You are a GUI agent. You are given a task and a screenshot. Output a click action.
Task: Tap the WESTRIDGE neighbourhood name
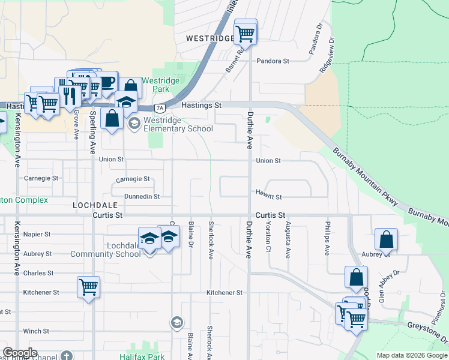(209, 38)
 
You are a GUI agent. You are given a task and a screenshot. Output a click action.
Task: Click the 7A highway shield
(159, 109)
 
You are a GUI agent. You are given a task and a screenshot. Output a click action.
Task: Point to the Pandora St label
(273, 61)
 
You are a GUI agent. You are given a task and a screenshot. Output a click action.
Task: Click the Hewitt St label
(270, 197)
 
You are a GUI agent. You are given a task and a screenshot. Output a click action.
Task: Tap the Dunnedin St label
(142, 196)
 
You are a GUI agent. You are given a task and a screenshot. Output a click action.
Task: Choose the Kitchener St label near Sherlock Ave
(224, 293)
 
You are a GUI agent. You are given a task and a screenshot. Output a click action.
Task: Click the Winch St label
(36, 331)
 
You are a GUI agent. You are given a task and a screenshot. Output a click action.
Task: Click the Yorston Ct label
(268, 239)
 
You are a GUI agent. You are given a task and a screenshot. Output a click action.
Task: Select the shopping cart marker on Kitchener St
(88, 287)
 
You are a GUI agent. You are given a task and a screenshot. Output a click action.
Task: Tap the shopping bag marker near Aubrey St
(387, 239)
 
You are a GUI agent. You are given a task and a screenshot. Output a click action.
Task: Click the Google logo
(20, 353)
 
